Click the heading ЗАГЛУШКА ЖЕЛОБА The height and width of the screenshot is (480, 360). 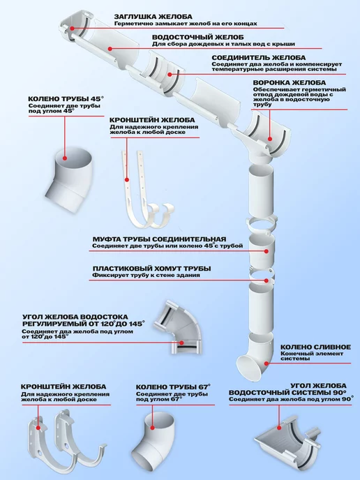pos(153,17)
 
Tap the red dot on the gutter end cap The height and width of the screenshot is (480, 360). pos(73,29)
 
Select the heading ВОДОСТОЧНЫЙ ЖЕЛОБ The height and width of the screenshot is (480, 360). pos(197,38)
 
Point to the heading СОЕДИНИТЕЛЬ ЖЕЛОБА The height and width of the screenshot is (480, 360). pos(258,57)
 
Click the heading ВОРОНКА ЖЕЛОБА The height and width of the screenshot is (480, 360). pos(290,83)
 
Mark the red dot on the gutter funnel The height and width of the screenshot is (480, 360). pos(270,139)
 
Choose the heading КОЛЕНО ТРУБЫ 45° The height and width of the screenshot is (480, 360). pos(66,99)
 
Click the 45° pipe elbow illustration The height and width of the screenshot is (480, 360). pos(68,181)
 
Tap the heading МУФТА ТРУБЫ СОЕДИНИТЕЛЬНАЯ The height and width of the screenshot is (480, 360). pos(159,239)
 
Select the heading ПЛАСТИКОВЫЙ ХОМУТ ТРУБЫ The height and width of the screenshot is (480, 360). pos(152,269)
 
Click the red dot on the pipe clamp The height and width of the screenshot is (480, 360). pos(267,280)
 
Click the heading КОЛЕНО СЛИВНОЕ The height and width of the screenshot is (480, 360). pos(315,347)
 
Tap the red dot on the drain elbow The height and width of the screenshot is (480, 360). pos(267,363)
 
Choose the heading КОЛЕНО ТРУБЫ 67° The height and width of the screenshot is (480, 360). pos(173,387)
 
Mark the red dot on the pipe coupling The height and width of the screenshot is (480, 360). pos(267,251)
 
